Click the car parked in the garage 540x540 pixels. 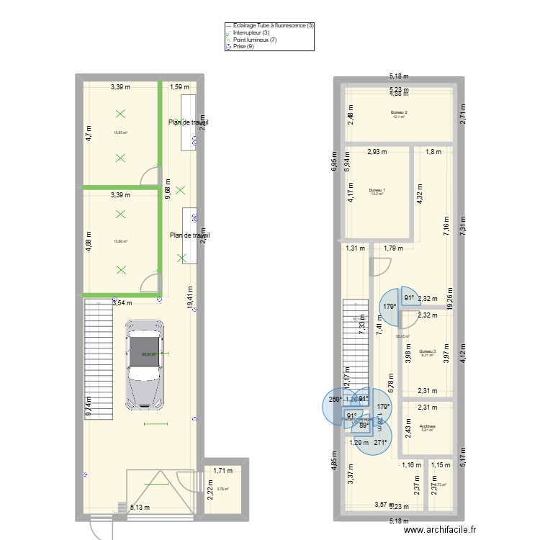coord(144,363)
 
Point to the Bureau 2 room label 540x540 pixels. coord(399,112)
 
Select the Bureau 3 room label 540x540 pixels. coord(428,351)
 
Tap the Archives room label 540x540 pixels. coord(428,426)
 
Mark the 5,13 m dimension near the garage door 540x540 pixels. coord(140,507)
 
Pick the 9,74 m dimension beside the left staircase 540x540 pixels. coord(89,409)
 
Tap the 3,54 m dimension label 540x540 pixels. coord(122,304)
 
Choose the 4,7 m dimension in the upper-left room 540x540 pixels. coord(89,135)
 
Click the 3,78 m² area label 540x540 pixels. coord(222,490)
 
